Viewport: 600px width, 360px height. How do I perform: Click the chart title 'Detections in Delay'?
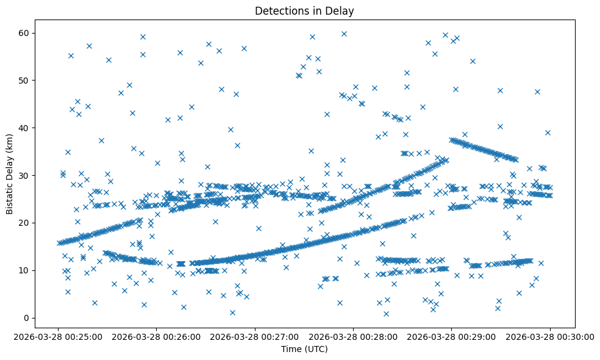tap(304, 11)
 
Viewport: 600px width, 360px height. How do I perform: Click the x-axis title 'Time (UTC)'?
tap(304, 349)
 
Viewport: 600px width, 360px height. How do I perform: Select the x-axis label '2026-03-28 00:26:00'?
tap(157, 336)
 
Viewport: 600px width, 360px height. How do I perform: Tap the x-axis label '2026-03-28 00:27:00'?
tap(255, 336)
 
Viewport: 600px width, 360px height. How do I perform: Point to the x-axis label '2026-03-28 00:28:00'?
tap(354, 336)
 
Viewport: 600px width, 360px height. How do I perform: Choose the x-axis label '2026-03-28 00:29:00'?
tap(452, 336)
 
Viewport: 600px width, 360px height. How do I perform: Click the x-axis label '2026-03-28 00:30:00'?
tap(550, 336)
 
